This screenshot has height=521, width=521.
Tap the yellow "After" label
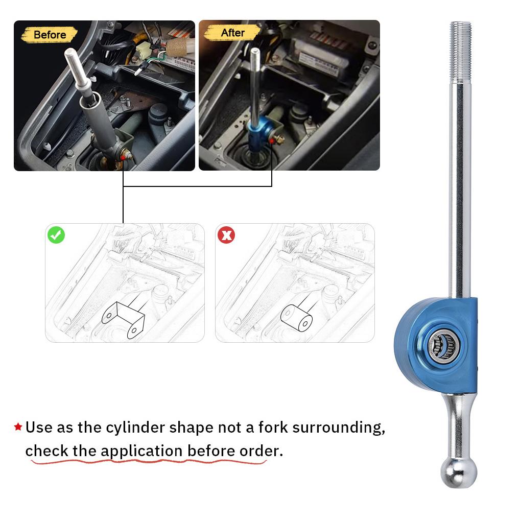point(232,33)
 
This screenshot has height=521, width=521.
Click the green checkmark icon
point(56,235)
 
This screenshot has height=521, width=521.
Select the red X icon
point(226,235)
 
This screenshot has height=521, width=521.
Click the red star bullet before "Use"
point(18,427)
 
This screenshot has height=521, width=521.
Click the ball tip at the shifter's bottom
point(459,472)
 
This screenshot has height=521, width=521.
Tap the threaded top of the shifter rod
point(461,52)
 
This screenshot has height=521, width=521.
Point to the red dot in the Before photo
point(123,157)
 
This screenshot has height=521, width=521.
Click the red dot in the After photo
point(272,141)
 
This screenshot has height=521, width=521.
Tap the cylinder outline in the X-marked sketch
point(296,318)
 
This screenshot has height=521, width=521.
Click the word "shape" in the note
point(191,428)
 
